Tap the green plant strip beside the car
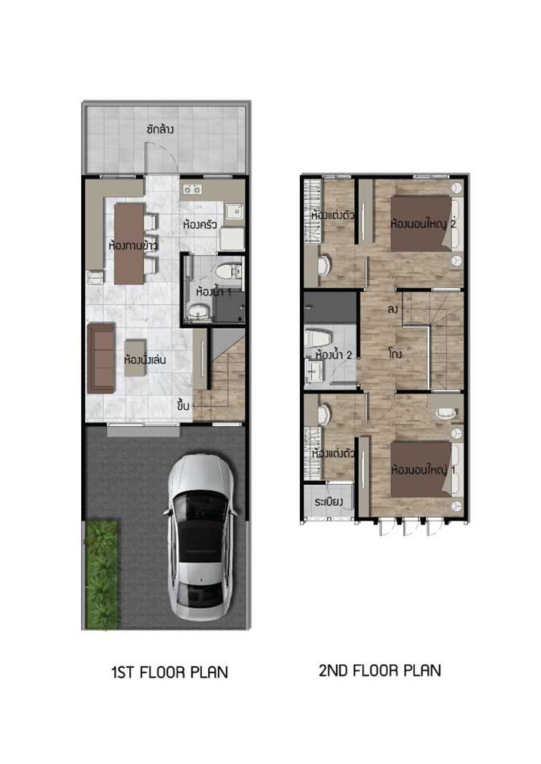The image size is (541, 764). click(x=102, y=574)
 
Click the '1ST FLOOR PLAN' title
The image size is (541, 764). click(x=170, y=672)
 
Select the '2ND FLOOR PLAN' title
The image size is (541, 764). click(x=379, y=670)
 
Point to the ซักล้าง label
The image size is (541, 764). click(x=159, y=130)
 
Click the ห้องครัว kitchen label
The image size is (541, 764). click(x=200, y=225)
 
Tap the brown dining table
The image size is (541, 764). click(x=129, y=243)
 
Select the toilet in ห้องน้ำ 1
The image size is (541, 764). click(x=228, y=271)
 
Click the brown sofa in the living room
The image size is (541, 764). click(x=101, y=358)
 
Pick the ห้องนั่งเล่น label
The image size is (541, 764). click(x=145, y=360)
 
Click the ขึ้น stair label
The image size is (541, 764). click(x=183, y=405)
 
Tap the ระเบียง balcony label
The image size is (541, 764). click(x=328, y=501)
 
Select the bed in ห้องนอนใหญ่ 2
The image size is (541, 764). click(x=421, y=224)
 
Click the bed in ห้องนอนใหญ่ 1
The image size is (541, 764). click(x=421, y=470)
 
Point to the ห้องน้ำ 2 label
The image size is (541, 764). click(x=334, y=354)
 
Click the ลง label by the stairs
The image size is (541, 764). click(x=393, y=309)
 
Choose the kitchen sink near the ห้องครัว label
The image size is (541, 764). click(x=234, y=212)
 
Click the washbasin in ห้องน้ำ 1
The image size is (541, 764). click(x=198, y=312)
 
